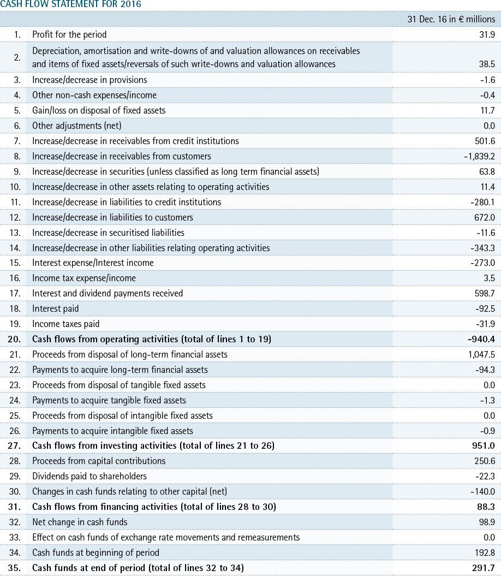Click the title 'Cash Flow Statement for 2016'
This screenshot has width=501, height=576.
(x=70, y=4)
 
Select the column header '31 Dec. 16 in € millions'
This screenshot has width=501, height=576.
(x=451, y=19)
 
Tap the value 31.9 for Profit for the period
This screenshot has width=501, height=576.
(x=487, y=34)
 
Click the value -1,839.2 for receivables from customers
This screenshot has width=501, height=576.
(x=479, y=157)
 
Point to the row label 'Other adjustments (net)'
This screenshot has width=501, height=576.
(x=77, y=126)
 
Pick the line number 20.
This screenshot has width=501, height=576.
(x=14, y=339)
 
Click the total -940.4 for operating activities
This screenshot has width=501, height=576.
(x=481, y=339)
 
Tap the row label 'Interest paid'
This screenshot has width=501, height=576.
(x=56, y=308)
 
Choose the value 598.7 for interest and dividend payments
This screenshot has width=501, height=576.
(x=485, y=293)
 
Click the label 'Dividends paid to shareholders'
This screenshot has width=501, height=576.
(x=90, y=476)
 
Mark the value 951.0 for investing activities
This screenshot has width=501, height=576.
(x=484, y=446)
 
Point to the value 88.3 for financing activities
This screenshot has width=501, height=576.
(x=486, y=507)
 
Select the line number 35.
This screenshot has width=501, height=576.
(x=14, y=568)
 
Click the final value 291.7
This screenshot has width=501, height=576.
(x=484, y=568)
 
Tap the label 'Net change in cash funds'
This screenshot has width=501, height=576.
(x=80, y=522)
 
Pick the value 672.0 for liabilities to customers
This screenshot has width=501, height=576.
(x=485, y=217)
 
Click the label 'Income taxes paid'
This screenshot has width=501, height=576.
(x=65, y=324)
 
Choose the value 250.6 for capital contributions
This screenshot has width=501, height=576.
(x=485, y=461)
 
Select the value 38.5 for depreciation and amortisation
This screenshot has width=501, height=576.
(x=487, y=64)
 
